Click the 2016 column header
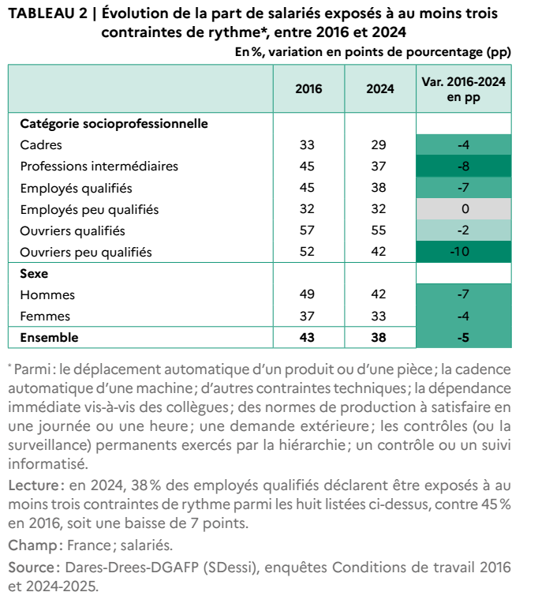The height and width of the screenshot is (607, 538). (308, 88)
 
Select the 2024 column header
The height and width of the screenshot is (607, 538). (380, 88)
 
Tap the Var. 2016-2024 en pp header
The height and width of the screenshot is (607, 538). (463, 89)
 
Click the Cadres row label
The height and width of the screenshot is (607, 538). (41, 144)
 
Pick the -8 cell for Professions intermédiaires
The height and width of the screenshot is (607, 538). (463, 166)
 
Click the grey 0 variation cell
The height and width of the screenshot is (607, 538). (463, 209)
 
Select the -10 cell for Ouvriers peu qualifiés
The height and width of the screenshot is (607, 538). (463, 252)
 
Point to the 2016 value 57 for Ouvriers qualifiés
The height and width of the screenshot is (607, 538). (307, 230)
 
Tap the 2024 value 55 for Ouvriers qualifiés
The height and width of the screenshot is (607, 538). (379, 230)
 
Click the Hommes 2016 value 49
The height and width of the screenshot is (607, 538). (307, 294)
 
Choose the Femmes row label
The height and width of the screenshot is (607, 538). (45, 316)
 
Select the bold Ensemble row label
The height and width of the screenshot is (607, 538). (49, 337)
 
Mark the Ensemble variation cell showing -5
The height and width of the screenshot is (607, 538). (463, 337)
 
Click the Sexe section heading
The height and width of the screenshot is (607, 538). (34, 273)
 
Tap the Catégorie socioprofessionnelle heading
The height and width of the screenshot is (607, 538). (114, 123)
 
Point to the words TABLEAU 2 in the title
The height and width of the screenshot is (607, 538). (48, 13)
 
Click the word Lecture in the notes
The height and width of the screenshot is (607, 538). (33, 485)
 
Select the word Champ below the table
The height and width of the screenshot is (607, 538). (33, 545)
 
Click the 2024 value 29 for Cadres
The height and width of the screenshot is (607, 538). (379, 144)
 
